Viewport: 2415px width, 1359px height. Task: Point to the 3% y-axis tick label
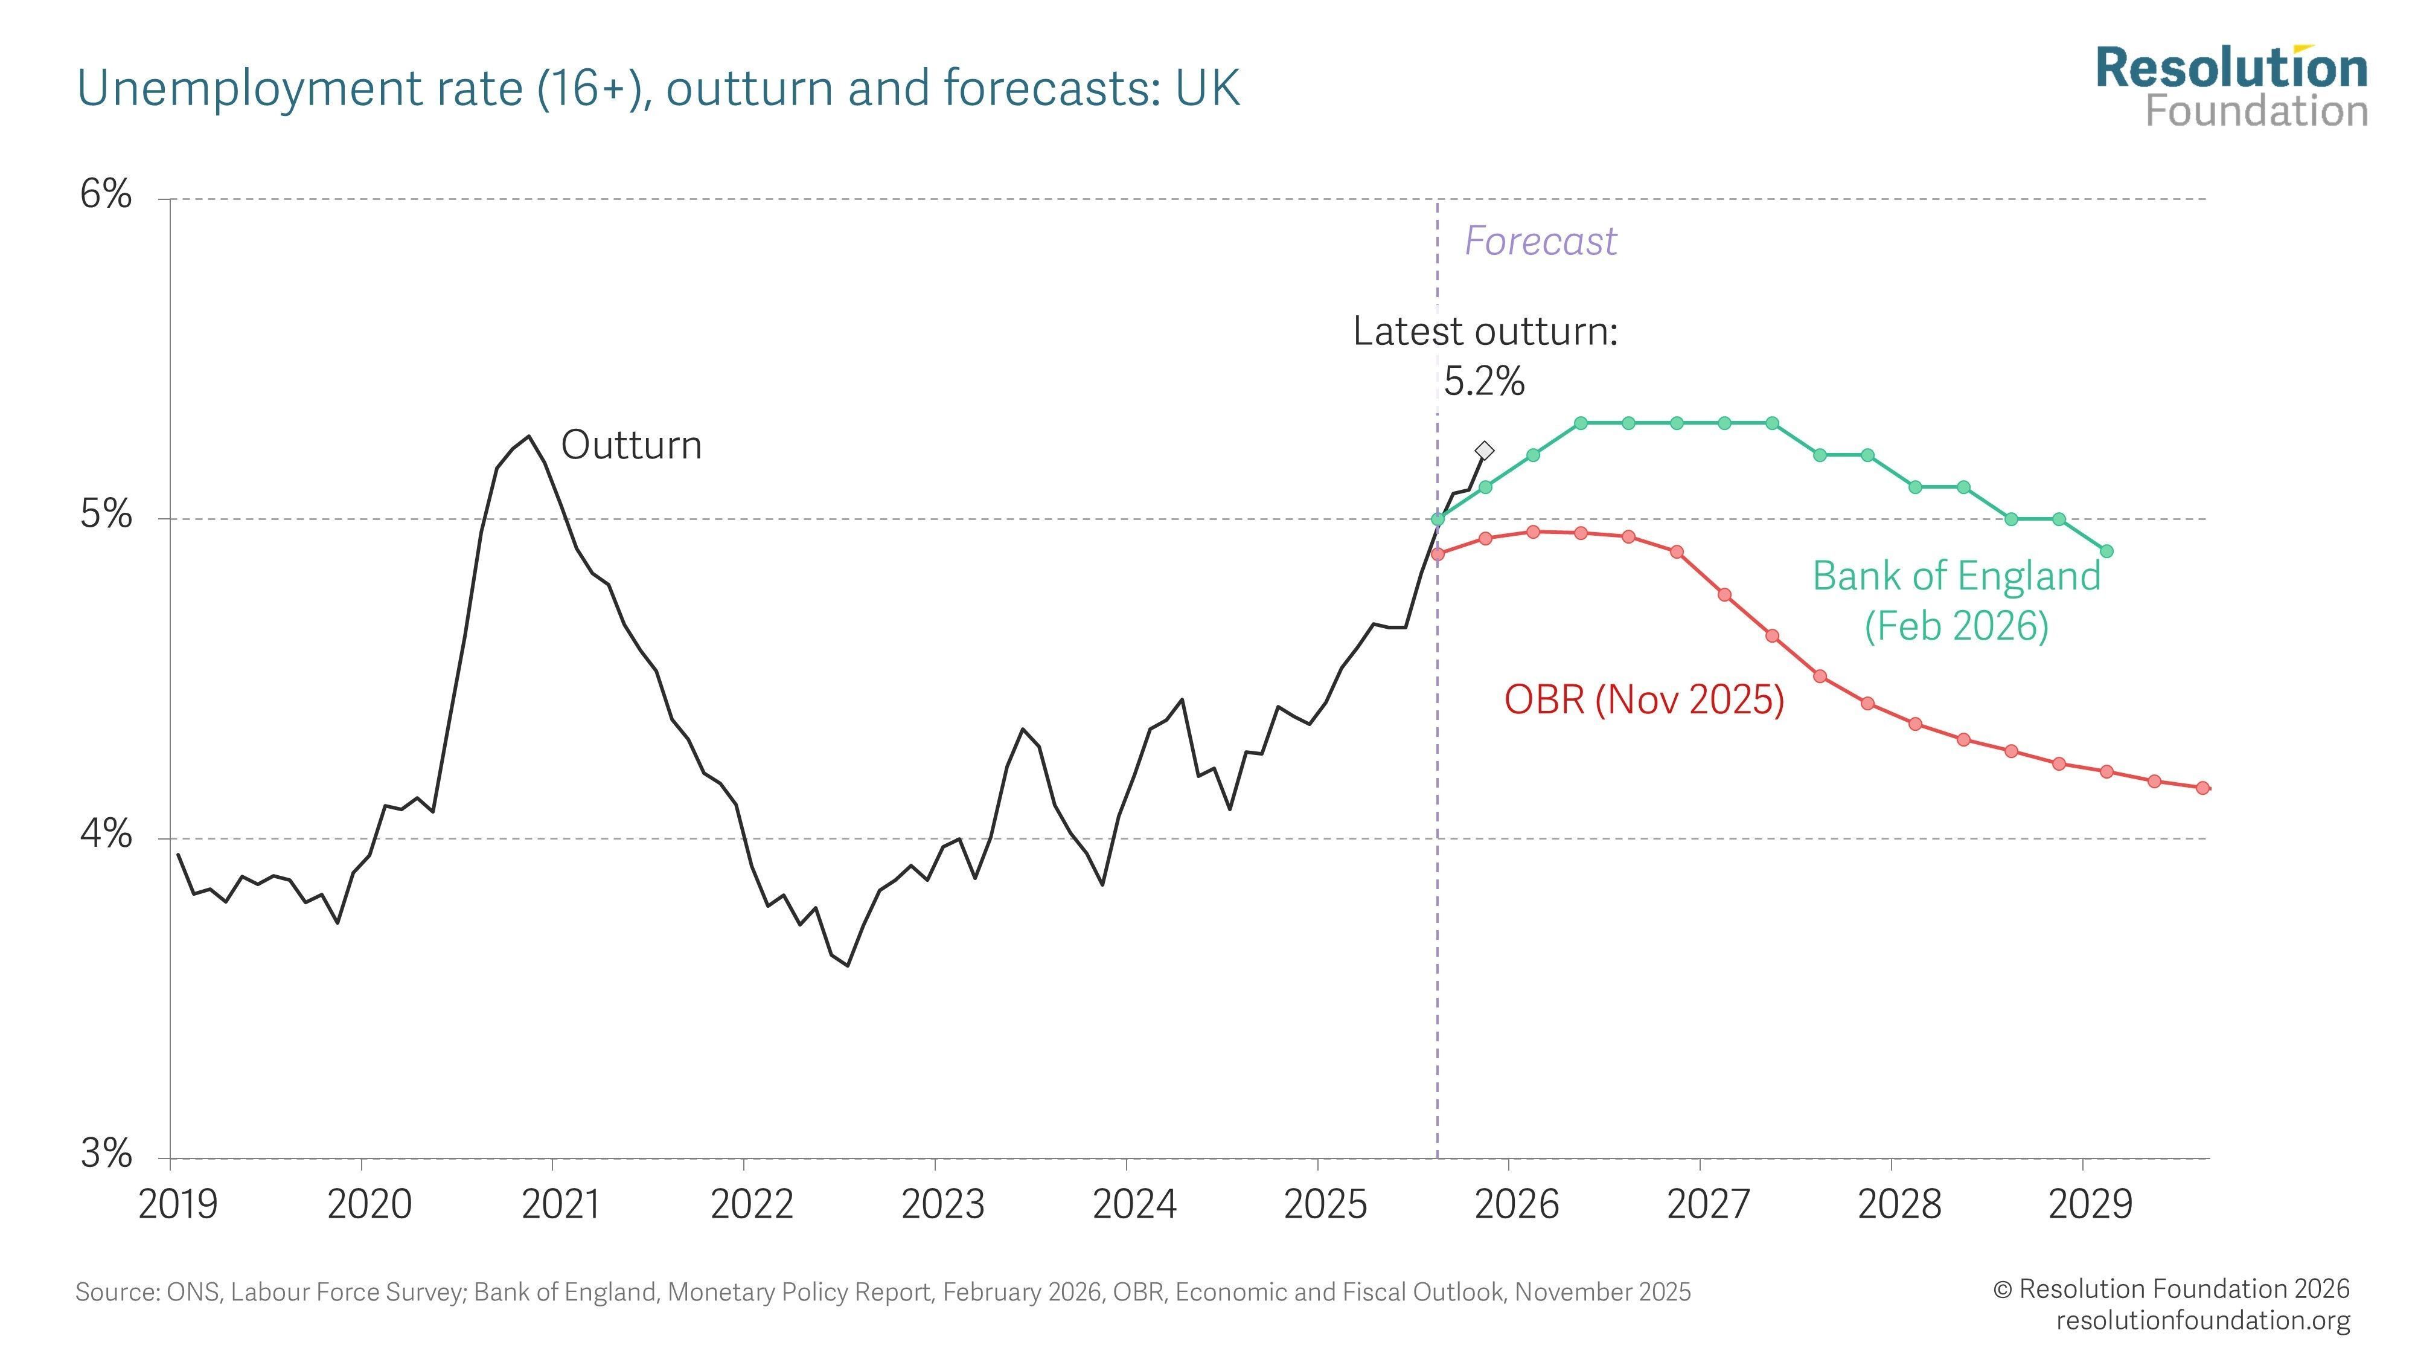pyautogui.click(x=105, y=1154)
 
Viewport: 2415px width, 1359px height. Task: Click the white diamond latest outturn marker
pyautogui.click(x=1484, y=450)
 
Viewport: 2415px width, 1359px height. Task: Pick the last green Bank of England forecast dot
pyautogui.click(x=2106, y=550)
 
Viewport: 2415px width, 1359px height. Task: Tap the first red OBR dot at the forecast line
pyautogui.click(x=1438, y=553)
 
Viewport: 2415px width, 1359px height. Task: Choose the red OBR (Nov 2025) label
pyautogui.click(x=1643, y=699)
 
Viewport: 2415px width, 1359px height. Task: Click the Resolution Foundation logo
pyautogui.click(x=2231, y=86)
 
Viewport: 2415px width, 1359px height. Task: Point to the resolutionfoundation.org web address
pyautogui.click(x=2203, y=1320)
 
